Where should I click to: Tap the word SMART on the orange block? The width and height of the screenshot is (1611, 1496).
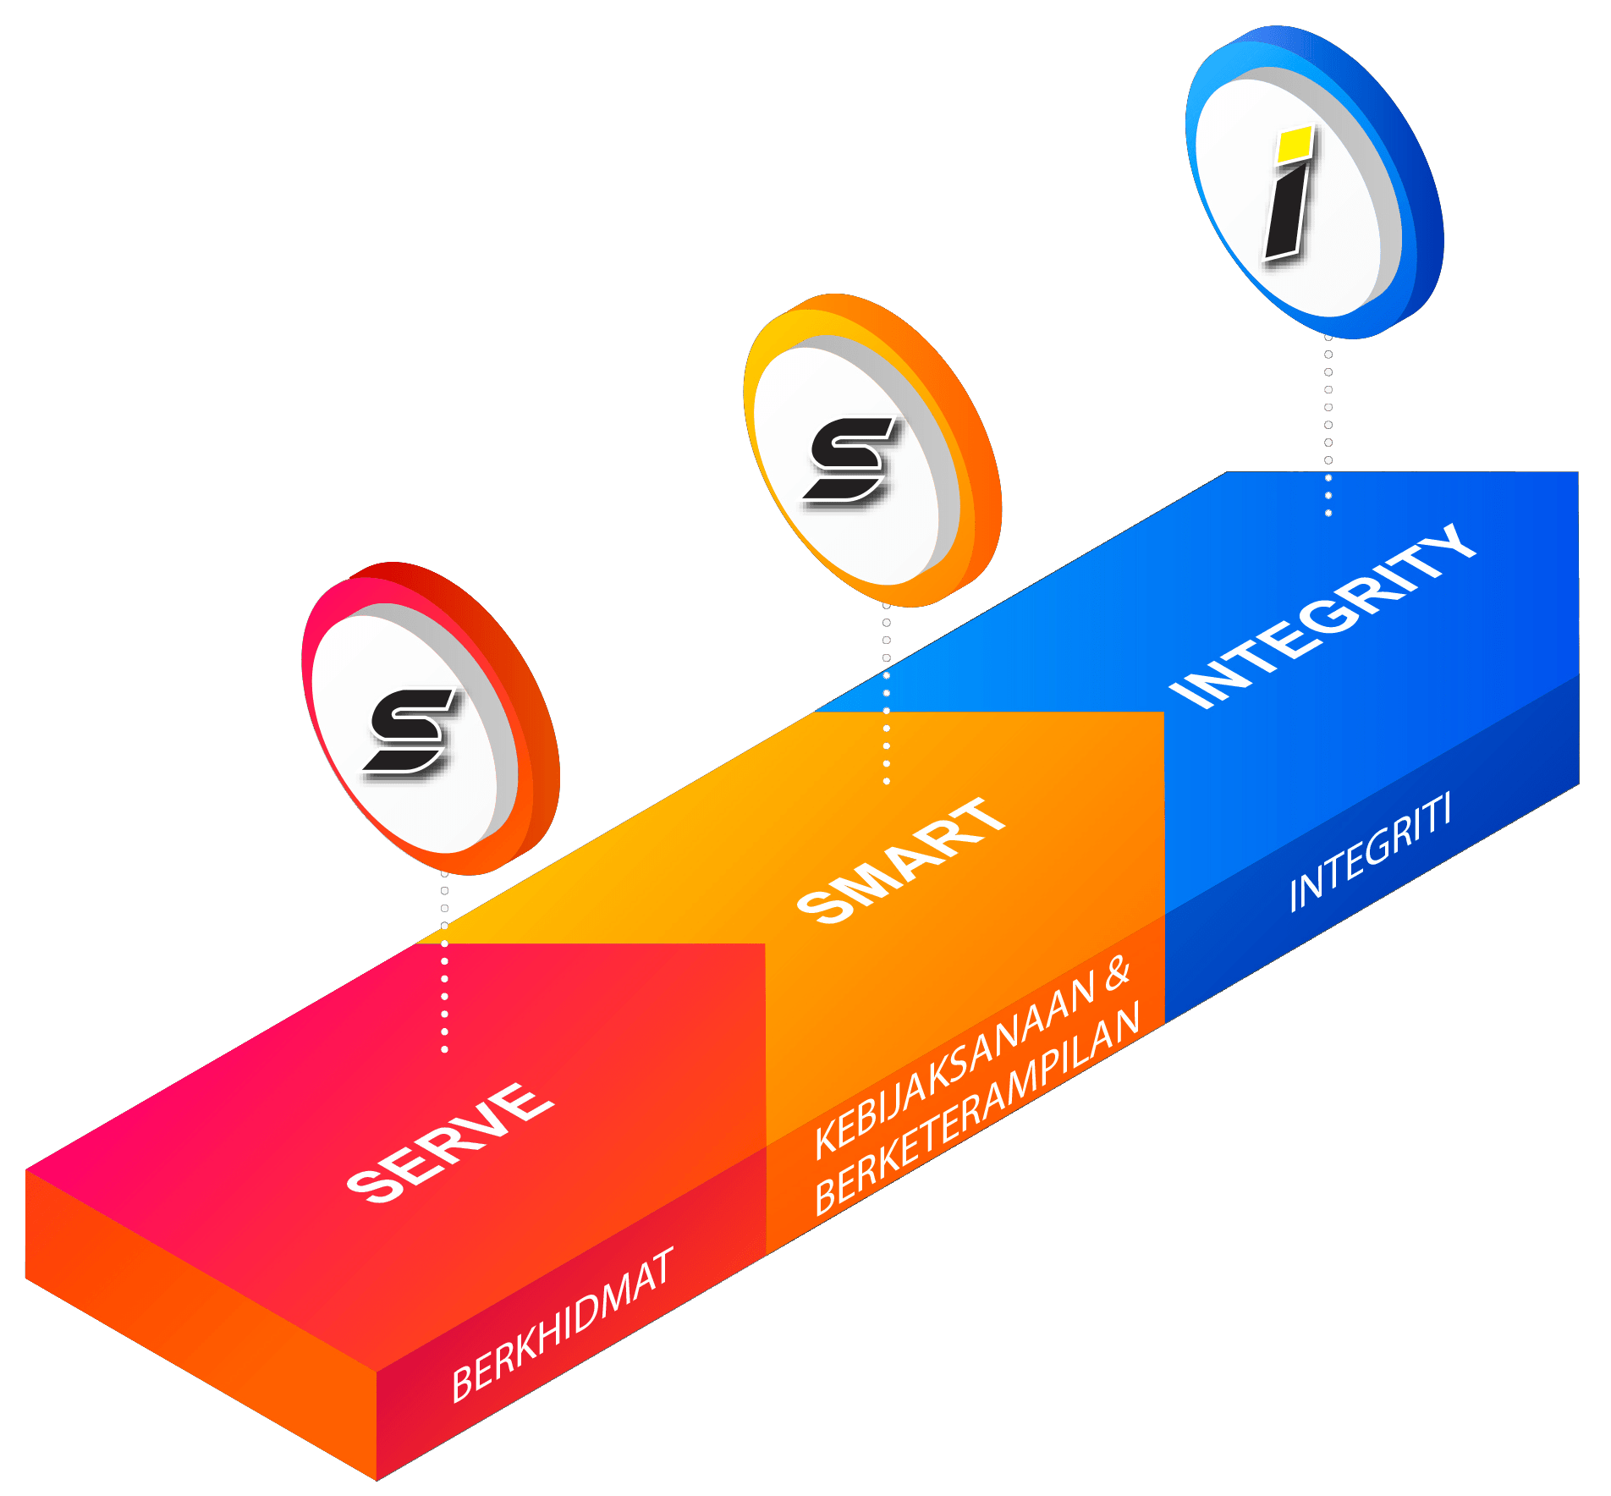901,859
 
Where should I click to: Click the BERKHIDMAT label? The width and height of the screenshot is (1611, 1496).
563,1324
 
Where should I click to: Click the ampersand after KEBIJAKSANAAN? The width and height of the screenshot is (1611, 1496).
1117,975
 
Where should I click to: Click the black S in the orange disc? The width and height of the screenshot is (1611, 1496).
849,459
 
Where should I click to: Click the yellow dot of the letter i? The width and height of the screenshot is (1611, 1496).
1295,144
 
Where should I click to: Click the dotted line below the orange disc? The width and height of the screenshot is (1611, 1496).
886,694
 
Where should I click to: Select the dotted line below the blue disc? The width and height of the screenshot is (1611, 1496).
1328,423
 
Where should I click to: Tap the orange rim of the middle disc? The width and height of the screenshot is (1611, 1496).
973,448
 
